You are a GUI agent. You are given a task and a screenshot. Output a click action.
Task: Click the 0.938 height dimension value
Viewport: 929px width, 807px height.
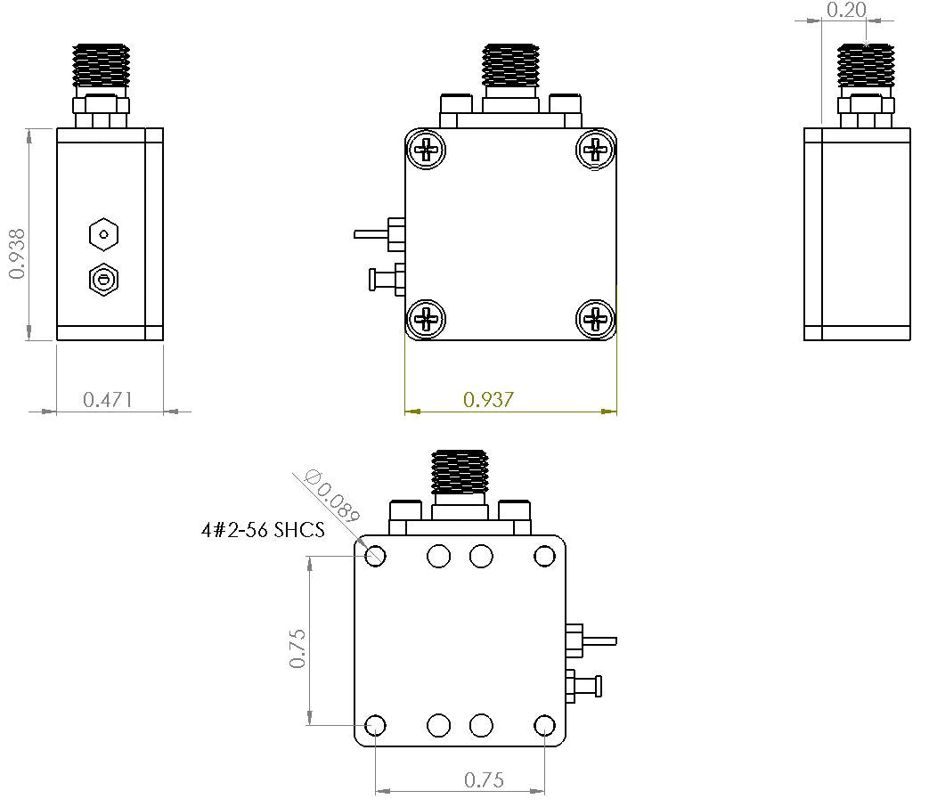point(17,254)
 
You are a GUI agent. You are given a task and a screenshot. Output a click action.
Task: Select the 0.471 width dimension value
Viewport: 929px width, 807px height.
point(108,400)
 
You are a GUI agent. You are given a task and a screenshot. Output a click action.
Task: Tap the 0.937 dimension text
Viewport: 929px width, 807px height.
point(488,400)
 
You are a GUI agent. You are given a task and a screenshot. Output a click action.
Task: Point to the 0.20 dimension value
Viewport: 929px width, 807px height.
point(845,11)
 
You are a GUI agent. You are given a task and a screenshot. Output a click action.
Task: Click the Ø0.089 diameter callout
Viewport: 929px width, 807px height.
point(332,495)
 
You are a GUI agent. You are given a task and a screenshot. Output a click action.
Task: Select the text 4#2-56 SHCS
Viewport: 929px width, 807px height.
point(263,531)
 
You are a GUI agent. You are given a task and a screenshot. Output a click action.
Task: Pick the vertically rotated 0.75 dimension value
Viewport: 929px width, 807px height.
point(297,648)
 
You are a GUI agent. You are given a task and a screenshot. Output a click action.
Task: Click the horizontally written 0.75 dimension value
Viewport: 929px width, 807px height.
point(484,780)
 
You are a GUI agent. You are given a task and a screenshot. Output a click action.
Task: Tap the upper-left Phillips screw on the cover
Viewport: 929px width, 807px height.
point(428,149)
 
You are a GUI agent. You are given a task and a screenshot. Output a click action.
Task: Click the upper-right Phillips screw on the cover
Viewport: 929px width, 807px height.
point(595,149)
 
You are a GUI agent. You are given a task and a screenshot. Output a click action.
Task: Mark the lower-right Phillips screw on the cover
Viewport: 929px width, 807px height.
point(595,318)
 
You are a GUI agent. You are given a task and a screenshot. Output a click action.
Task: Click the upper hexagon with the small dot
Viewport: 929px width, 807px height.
point(104,235)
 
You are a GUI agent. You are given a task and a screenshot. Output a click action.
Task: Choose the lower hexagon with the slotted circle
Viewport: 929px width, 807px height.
point(104,281)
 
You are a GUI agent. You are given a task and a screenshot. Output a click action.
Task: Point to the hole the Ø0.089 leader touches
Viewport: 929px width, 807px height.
point(376,557)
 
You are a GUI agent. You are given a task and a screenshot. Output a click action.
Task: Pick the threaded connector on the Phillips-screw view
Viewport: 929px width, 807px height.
point(510,67)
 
